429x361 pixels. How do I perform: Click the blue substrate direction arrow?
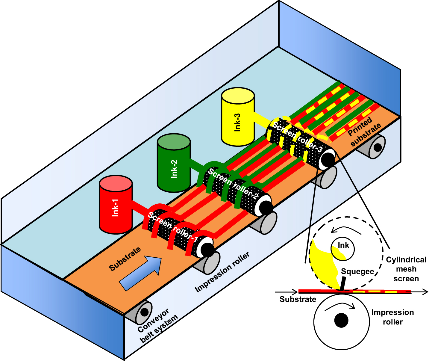click(x=141, y=273)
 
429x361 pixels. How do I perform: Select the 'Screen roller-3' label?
click(x=298, y=136)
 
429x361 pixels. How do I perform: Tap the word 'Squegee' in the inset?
click(x=357, y=272)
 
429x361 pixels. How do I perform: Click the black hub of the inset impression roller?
click(x=341, y=320)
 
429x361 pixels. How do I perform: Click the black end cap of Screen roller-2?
click(x=266, y=207)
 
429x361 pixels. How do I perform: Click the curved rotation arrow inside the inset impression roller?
click(x=340, y=306)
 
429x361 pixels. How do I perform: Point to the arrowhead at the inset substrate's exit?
click(x=425, y=292)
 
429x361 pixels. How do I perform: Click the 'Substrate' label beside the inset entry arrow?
click(x=298, y=299)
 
